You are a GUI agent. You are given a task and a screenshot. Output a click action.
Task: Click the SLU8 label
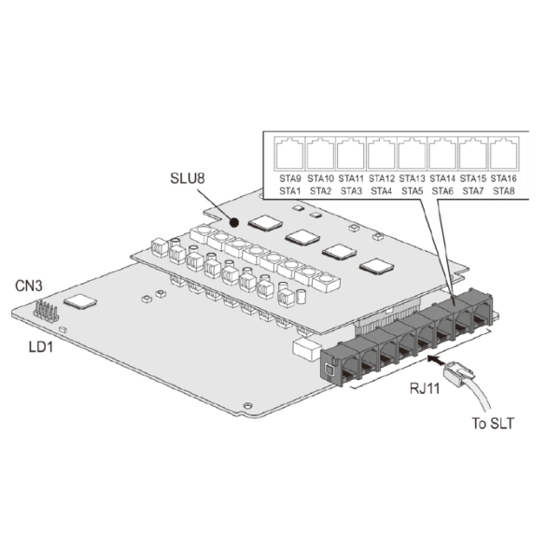coord(188,178)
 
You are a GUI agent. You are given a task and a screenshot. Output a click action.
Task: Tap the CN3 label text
coord(29,286)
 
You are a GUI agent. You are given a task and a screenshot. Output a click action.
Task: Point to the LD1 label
coord(40,346)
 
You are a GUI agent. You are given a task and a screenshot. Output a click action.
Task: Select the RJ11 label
coord(425,388)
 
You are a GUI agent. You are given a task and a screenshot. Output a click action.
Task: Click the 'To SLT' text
coord(493,423)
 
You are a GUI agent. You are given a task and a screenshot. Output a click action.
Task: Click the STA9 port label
coord(290,178)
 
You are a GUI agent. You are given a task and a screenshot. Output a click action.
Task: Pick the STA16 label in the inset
coord(504,178)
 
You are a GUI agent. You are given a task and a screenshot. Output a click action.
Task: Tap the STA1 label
coord(290,191)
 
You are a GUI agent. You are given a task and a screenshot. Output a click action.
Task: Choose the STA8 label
coord(504,191)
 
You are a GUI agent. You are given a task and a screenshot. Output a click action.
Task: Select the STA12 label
coord(382,178)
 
